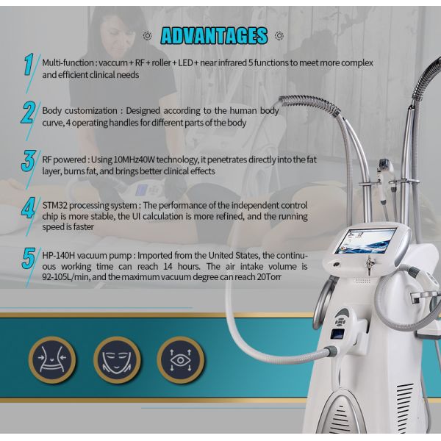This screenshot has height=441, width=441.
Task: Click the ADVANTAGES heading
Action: pos(213,35)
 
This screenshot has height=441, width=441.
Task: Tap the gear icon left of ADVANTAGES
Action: pos(148,35)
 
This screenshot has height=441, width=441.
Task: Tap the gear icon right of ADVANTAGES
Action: pos(280,35)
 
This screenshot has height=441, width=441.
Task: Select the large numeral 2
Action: pos(29,113)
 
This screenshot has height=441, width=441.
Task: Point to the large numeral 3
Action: pos(29,160)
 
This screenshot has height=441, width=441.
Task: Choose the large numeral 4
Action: pos(29,208)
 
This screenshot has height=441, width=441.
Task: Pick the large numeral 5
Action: pos(29,259)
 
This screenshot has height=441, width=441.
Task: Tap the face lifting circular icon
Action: pos(117,359)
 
